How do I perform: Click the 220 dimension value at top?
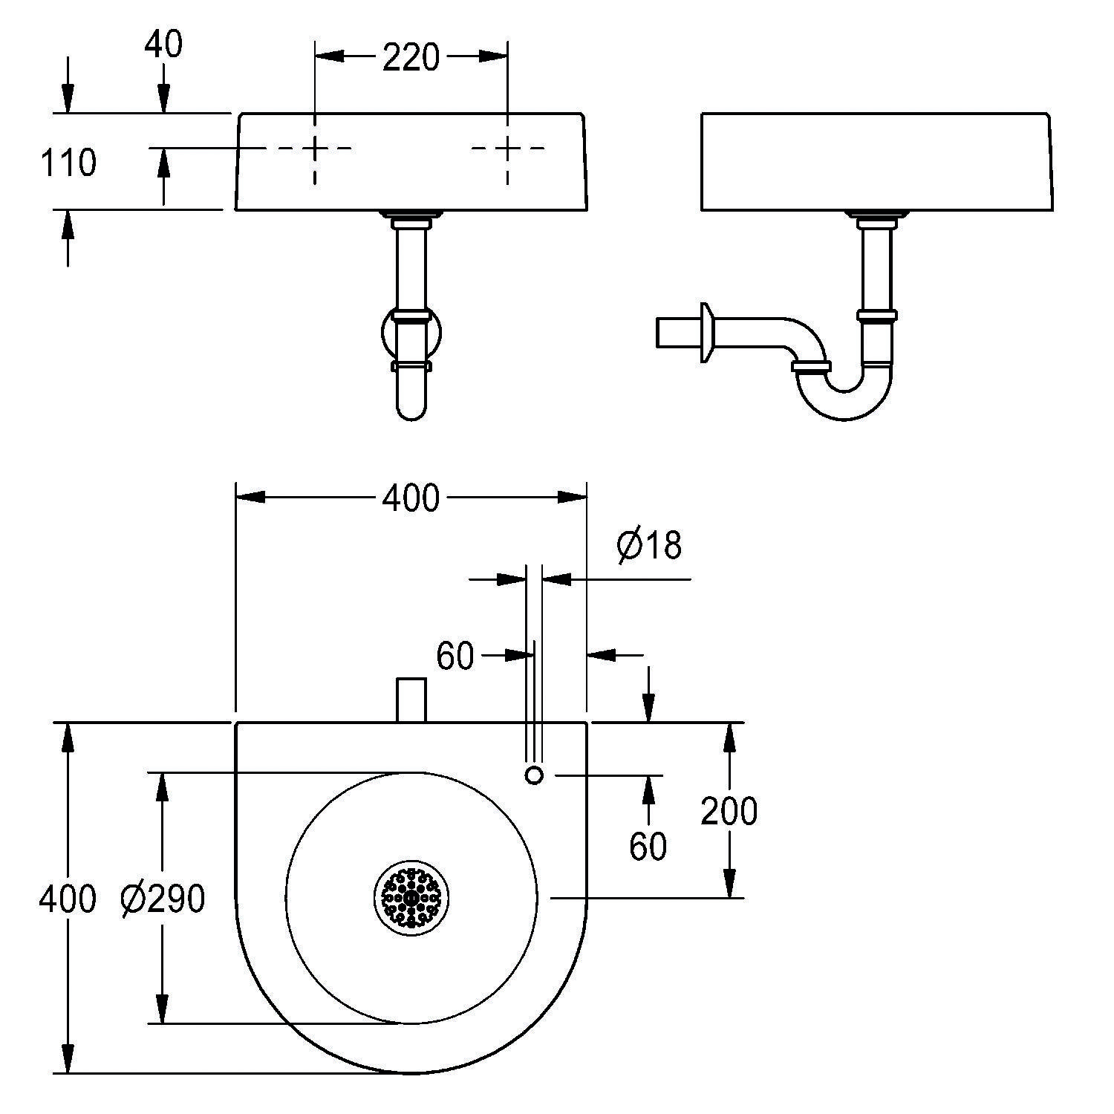(x=411, y=57)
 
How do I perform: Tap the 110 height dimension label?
(x=68, y=163)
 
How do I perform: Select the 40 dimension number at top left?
(x=163, y=45)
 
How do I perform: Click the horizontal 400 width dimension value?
(x=411, y=498)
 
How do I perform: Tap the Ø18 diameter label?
(x=648, y=546)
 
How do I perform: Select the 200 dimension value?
(x=729, y=811)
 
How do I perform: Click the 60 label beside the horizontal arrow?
(x=455, y=656)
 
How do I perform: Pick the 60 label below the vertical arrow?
(x=648, y=846)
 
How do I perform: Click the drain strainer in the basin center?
(x=411, y=898)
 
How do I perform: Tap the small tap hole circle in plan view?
(x=534, y=775)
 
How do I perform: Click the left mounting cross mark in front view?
(x=315, y=149)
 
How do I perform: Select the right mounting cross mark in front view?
(x=508, y=149)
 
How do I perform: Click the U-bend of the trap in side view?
(x=844, y=401)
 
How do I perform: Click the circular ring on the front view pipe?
(x=411, y=333)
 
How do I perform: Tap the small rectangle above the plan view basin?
(x=411, y=700)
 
